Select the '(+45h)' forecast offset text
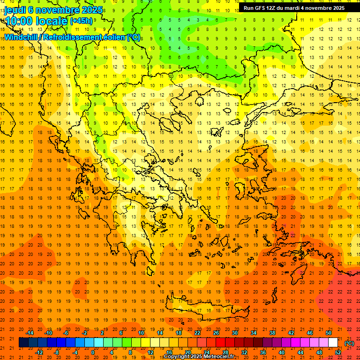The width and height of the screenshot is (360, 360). [82, 21]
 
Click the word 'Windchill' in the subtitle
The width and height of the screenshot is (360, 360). [22, 37]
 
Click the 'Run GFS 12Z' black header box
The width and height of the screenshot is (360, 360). [294, 8]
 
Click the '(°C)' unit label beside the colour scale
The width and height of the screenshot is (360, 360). [349, 343]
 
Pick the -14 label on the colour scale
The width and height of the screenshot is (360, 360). [30, 333]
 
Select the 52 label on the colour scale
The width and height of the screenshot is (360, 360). [338, 352]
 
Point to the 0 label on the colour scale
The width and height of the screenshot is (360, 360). [92, 352]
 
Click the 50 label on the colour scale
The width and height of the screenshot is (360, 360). [329, 333]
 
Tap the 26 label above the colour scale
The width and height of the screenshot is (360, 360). [216, 333]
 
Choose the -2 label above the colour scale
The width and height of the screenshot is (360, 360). [84, 333]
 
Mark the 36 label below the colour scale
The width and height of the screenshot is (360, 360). [262, 352]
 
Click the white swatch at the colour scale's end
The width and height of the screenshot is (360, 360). [333, 343]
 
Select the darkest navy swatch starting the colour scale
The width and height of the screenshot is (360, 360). [23, 343]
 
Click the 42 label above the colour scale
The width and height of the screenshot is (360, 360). [291, 333]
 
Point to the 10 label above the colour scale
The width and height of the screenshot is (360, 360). [141, 333]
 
